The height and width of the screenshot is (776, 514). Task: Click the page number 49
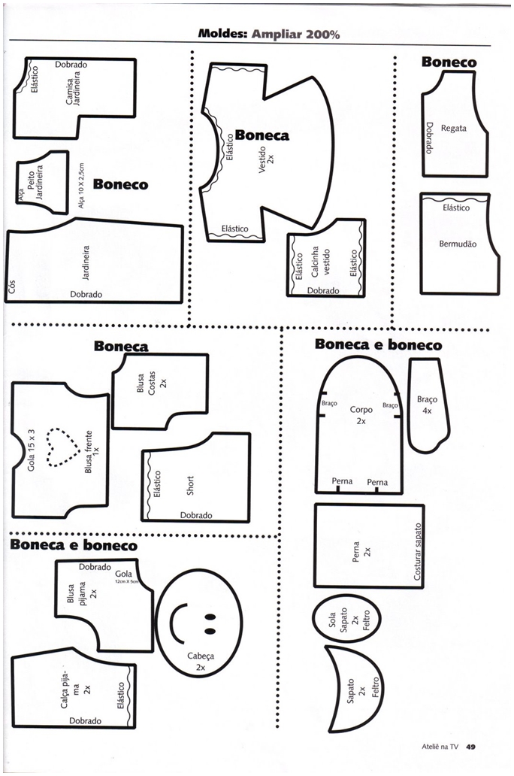click(470, 747)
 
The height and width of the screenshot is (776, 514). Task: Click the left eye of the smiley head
click(208, 618)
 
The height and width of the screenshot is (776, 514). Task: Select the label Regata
click(453, 128)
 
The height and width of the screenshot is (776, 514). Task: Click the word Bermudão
click(458, 244)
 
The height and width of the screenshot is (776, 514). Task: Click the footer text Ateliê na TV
click(439, 747)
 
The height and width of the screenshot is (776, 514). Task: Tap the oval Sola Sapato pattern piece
click(347, 620)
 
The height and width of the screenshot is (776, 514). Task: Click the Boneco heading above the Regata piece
click(449, 62)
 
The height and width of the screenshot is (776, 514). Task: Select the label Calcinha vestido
click(320, 263)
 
